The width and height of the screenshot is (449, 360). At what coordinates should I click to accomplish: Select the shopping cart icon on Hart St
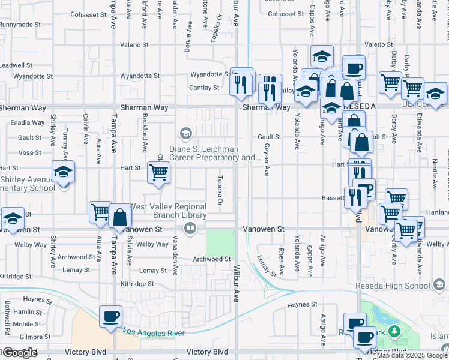158,173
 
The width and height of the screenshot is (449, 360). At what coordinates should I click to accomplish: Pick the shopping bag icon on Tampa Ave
120,217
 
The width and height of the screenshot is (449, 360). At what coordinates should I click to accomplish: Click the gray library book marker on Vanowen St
190,227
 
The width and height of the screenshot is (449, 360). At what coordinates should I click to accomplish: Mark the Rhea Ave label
281,259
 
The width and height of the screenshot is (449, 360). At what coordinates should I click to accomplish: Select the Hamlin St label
23,312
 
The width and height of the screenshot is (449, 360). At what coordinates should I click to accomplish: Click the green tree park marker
394,331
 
